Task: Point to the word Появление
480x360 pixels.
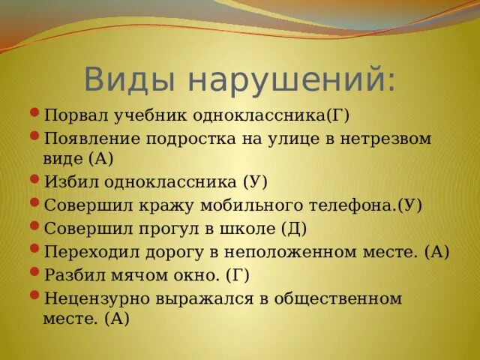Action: click(91, 139)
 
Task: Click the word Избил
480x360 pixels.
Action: click(70, 181)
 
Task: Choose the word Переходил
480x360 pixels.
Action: click(90, 251)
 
